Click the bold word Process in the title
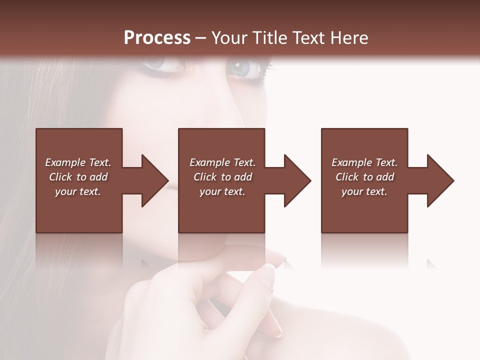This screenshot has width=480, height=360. click(157, 38)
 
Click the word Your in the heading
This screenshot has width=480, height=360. click(229, 38)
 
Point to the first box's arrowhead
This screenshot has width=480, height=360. click(152, 180)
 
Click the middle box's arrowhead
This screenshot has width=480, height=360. click(295, 180)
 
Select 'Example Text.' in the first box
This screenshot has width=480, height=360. click(78, 162)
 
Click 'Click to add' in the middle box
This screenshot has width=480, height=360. click(222, 177)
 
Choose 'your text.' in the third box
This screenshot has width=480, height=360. click(364, 191)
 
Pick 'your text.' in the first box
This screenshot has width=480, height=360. click(78, 191)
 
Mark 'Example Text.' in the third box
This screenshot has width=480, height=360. click(364, 162)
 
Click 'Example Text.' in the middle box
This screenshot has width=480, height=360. click(222, 162)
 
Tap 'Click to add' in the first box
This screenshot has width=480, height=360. click(78, 177)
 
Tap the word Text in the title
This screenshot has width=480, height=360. click(307, 38)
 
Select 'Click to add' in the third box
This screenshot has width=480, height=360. click(364, 177)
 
